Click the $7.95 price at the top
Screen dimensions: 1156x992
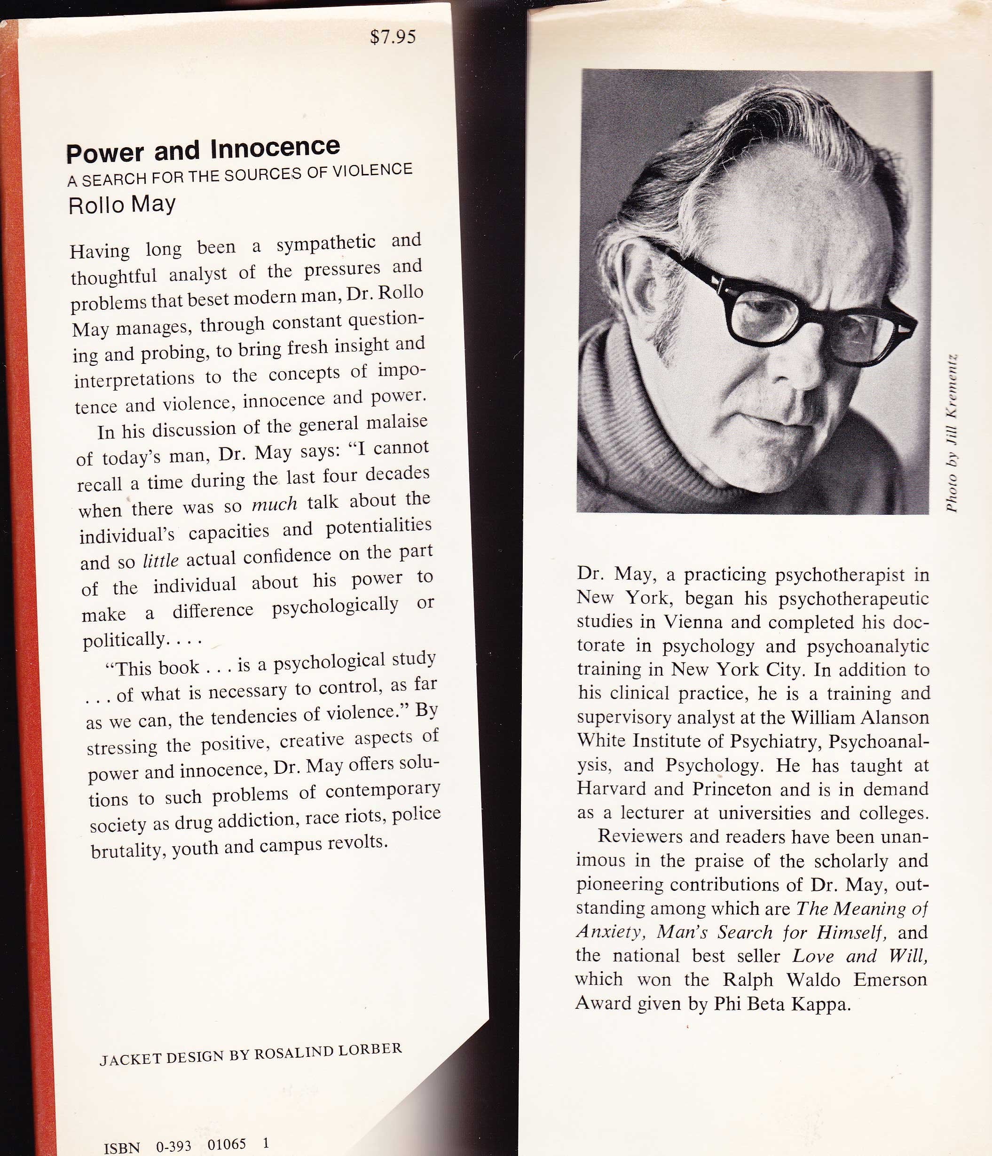pos(393,37)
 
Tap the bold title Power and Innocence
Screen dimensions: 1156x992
pos(203,150)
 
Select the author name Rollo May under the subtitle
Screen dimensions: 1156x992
pos(122,205)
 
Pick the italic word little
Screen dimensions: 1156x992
pos(161,560)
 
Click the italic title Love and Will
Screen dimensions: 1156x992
pos(859,956)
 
